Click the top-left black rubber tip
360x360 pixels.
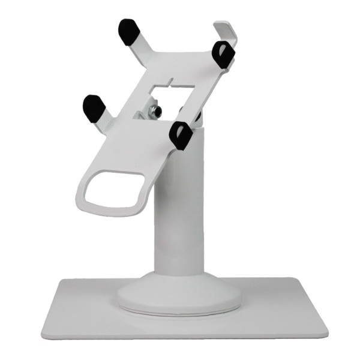click(128, 32)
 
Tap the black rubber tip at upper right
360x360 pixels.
click(223, 55)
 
